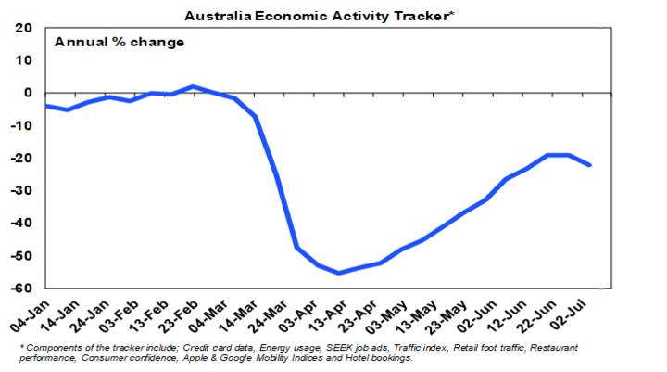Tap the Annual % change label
pos(120,42)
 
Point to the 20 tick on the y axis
pos(24,28)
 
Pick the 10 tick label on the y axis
pos(24,60)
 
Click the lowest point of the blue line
pos(338,273)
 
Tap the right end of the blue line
pos(590,165)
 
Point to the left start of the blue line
pos(44,106)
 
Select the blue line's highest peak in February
pos(192,86)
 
